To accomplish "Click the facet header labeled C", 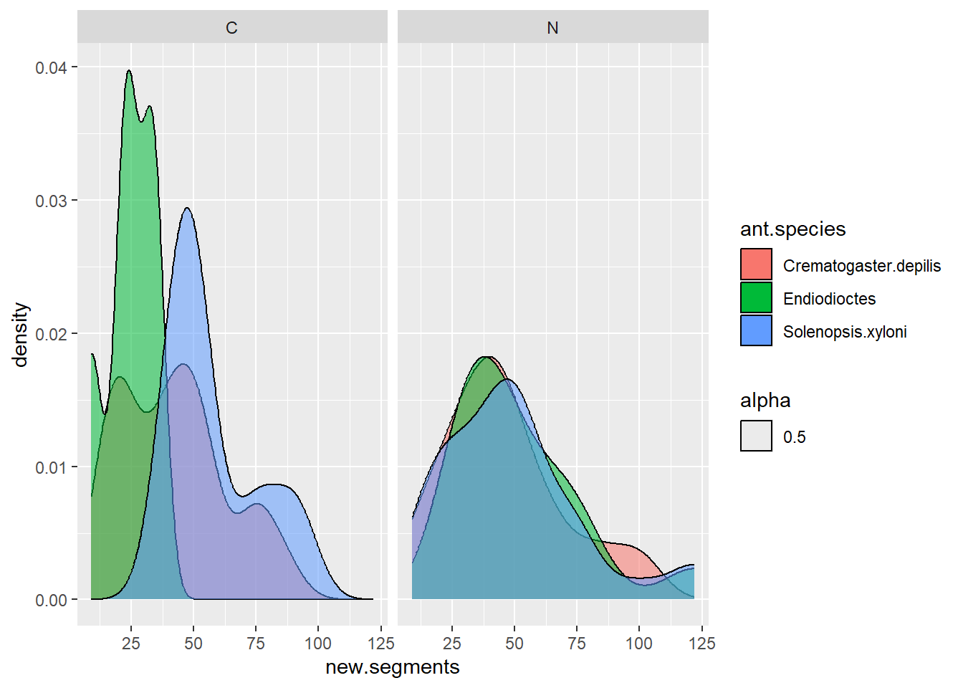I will [x=231, y=28].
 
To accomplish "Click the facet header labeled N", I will [x=552, y=28].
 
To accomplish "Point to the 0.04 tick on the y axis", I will [x=51, y=67].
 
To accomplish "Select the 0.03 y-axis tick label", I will [x=51, y=201].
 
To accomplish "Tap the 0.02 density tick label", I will [x=51, y=334].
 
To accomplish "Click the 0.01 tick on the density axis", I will [x=51, y=467].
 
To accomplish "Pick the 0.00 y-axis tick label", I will [x=51, y=601].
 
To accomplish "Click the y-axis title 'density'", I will [x=21, y=334].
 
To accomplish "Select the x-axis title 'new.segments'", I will [x=393, y=667].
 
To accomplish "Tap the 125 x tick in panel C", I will [x=381, y=643].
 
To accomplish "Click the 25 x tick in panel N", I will [x=452, y=643].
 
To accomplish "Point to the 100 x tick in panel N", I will [x=639, y=643].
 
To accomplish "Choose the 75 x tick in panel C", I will [x=256, y=643].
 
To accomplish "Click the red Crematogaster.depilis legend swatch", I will [x=756, y=264].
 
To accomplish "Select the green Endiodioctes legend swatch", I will [x=756, y=297].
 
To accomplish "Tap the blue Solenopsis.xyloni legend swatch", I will [x=756, y=330].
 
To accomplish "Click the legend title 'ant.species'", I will [x=792, y=229].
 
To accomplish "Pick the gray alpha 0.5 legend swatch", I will [x=756, y=436].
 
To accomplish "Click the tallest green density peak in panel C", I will [x=129, y=72].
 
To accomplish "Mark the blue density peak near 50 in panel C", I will [x=187, y=209].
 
